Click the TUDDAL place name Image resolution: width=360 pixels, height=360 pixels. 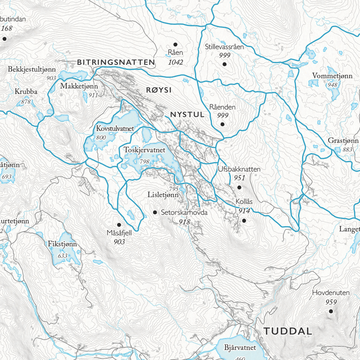(288, 331)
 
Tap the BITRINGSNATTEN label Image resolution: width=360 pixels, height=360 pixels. (116, 63)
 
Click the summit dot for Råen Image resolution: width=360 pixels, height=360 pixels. (175, 44)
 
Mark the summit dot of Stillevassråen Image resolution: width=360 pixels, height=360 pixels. (224, 64)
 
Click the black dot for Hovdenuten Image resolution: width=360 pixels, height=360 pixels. (331, 311)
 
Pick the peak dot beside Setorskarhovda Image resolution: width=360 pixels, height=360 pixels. (155, 212)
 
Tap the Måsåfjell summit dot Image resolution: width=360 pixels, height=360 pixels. (119, 225)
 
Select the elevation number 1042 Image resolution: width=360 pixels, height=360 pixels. (176, 62)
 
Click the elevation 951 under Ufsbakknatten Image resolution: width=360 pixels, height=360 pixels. (239, 178)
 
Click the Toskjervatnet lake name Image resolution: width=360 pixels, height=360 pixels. (144, 150)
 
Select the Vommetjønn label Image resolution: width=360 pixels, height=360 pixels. (332, 76)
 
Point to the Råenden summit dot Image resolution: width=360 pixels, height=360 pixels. (223, 124)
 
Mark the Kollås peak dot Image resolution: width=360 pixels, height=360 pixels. (244, 220)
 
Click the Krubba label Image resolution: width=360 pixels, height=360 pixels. (26, 92)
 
